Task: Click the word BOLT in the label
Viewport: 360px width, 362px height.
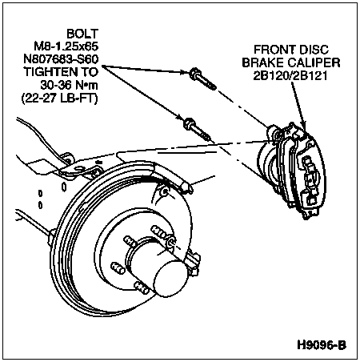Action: [82, 34]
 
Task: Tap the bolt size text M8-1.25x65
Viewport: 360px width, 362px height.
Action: [66, 46]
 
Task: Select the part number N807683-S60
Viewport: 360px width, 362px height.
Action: [62, 59]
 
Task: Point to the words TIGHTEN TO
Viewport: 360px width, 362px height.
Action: [62, 72]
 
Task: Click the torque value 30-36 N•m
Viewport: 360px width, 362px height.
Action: [70, 85]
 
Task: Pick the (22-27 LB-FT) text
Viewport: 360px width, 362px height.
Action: [60, 99]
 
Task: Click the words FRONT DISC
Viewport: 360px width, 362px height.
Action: [291, 50]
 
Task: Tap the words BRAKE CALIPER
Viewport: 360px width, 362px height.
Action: [291, 62]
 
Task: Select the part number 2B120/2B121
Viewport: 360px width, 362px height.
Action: [290, 76]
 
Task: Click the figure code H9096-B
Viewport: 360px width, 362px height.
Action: [322, 345]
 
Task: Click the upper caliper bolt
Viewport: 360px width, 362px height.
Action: [202, 78]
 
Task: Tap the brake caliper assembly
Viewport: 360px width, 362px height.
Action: [292, 171]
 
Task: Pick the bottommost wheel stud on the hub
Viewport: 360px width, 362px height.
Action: [142, 288]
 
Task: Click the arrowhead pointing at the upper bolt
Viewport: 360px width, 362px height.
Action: [184, 71]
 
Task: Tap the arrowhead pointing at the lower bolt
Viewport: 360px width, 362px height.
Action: [179, 116]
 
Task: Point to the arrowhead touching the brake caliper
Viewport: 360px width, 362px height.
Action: [303, 126]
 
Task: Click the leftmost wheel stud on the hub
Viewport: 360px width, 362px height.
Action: [118, 268]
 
